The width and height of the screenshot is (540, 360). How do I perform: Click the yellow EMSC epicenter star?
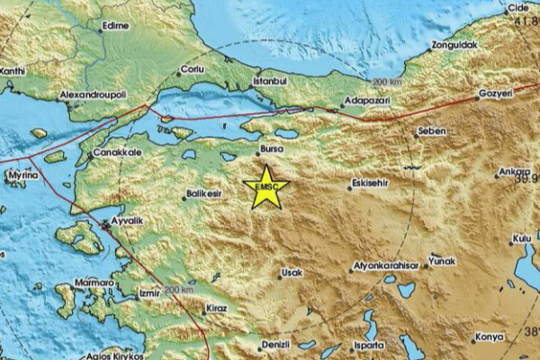[x=266, y=185]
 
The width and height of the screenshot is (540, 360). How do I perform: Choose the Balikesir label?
[x=202, y=193]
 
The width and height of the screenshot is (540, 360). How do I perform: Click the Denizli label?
[x=274, y=344]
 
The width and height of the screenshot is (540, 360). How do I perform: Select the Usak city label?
[x=292, y=271]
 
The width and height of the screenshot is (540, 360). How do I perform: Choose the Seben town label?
[x=432, y=131]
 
